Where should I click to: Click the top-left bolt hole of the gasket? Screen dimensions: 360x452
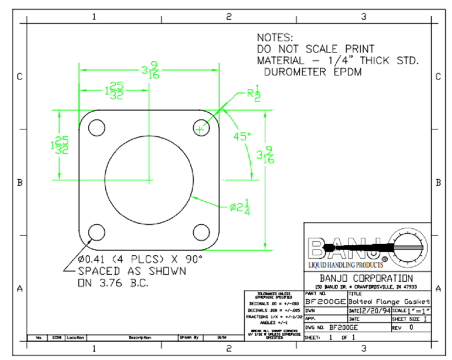pos(97,127)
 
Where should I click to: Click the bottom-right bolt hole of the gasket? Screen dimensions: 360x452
pos(200,232)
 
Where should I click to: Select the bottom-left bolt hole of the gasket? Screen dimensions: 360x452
pos(97,232)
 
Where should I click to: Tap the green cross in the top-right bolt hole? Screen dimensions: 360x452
pos(200,129)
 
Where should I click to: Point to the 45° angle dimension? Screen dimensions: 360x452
pos(242,136)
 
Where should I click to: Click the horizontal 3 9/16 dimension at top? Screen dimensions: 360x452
pos(150,71)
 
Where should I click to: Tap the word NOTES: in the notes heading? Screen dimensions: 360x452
pos(274,38)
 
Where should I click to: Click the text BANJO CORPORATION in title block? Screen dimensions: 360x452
pos(366,278)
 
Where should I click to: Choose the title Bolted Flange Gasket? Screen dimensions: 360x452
pos(389,301)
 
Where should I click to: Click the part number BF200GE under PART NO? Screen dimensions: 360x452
pos(325,302)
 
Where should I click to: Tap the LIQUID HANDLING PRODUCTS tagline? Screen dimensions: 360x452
pos(342,265)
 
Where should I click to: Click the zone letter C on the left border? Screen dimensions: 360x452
pos(20,76)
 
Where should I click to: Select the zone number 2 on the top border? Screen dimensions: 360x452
pos(229,17)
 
